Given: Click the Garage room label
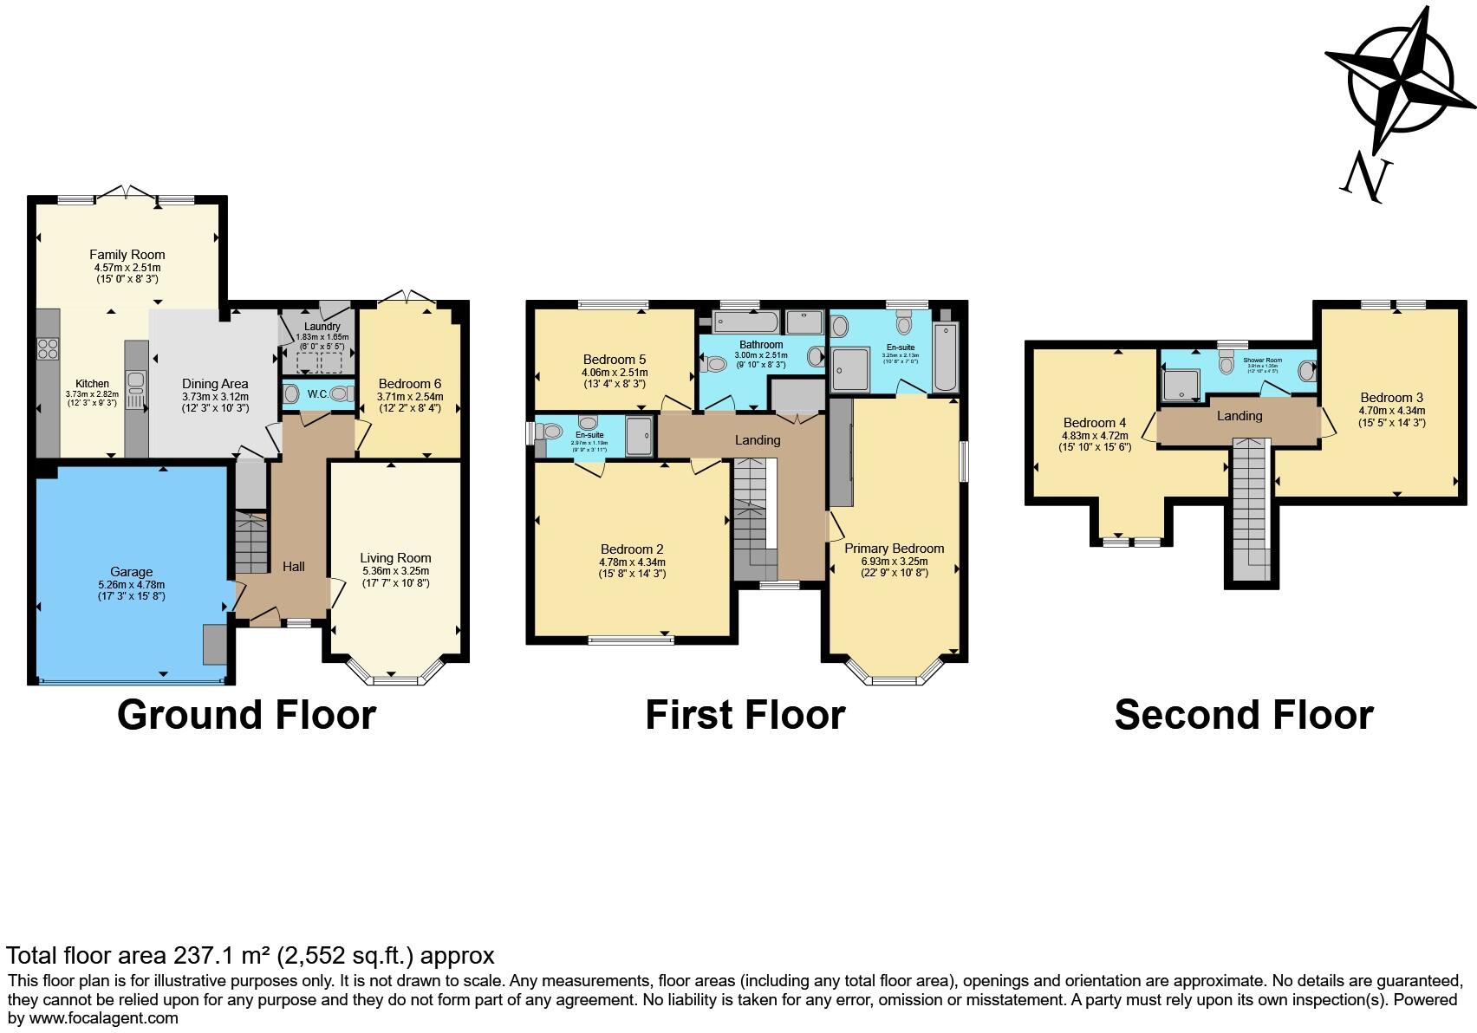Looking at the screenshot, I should (x=132, y=572).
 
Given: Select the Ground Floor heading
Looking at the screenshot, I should (x=246, y=716).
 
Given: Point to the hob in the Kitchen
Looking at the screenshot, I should (x=47, y=348).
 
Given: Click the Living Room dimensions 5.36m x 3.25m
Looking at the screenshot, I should (x=395, y=571).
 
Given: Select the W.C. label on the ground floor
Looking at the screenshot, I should (x=318, y=394).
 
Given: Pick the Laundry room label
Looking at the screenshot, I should (x=322, y=327).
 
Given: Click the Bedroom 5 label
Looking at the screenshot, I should (x=614, y=360).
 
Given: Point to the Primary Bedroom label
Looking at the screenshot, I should (x=894, y=549).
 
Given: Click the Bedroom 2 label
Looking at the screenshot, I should (x=632, y=549).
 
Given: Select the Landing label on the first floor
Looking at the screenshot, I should (x=758, y=440).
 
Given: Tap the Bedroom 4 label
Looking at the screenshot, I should (x=1095, y=424).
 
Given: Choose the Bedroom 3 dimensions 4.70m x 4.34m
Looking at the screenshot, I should (x=1392, y=411).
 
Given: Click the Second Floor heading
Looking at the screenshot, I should (x=1243, y=716).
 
